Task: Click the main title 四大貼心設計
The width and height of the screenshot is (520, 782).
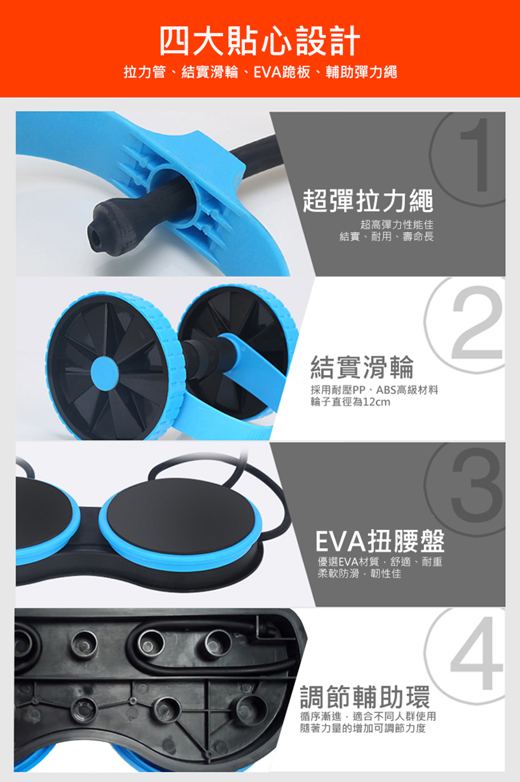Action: coord(260,41)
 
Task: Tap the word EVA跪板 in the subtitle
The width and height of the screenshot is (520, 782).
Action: coord(281,72)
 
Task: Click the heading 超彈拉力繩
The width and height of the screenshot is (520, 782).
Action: coord(368,200)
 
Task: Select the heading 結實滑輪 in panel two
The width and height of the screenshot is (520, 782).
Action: coord(362,367)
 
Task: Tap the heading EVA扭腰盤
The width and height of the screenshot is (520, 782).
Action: coord(380,541)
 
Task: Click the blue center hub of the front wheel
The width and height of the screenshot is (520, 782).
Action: coord(105,373)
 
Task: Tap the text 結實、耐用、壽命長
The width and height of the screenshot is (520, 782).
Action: coord(387,237)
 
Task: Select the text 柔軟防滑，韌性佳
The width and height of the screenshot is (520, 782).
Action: coord(359,573)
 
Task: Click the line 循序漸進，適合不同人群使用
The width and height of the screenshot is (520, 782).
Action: coord(368,716)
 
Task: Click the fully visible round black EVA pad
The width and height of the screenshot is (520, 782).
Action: coord(181,517)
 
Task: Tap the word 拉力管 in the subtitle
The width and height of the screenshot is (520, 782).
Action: coord(144,72)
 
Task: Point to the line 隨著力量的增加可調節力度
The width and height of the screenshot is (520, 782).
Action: coord(363,728)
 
